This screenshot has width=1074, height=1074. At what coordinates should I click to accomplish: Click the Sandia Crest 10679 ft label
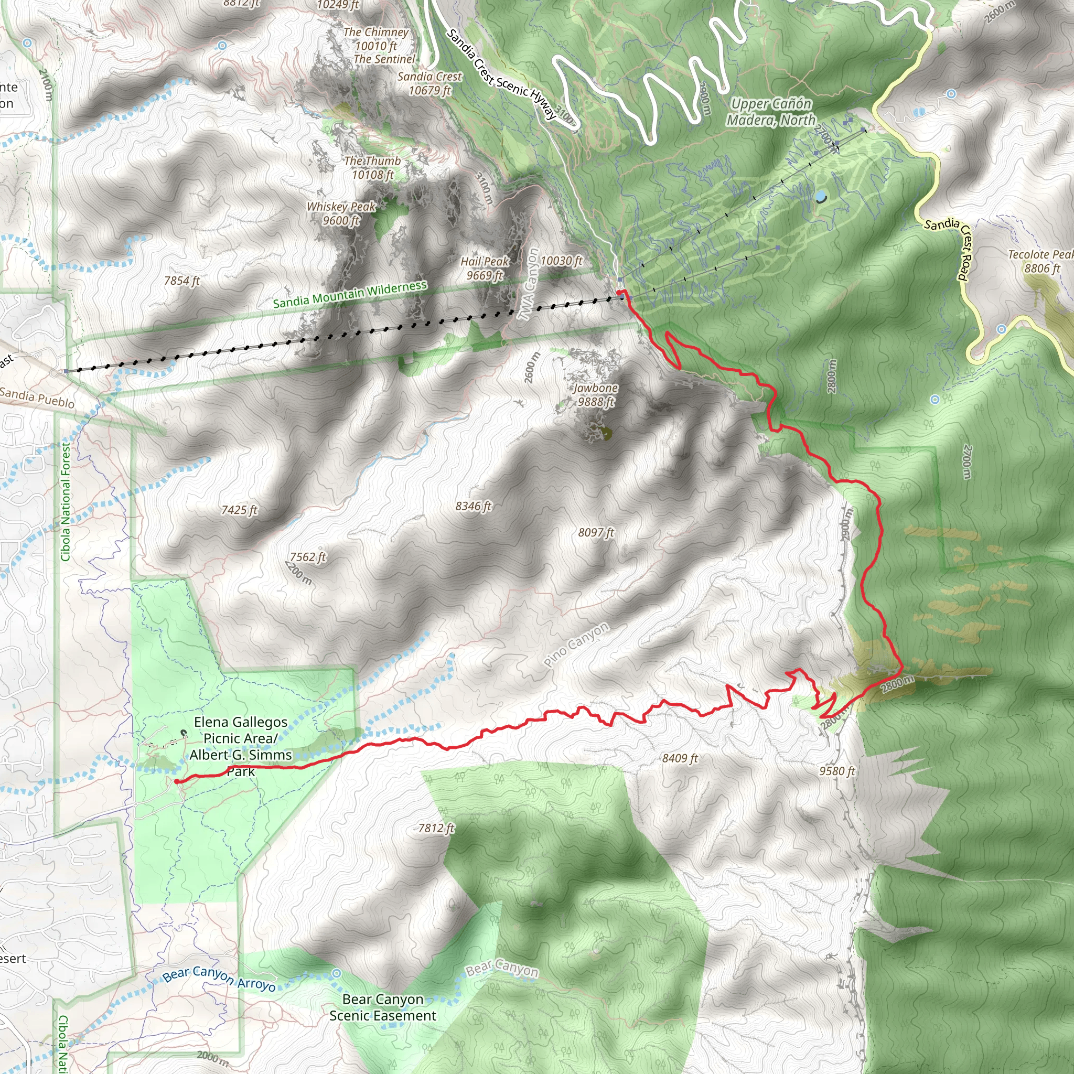click(429, 83)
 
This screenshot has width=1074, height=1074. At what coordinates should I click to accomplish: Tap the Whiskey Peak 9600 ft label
click(341, 213)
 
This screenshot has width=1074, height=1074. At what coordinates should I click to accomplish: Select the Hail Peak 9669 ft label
click(484, 268)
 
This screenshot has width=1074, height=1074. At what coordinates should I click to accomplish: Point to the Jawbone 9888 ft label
click(596, 395)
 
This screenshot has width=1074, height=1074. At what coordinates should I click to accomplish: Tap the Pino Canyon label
click(576, 645)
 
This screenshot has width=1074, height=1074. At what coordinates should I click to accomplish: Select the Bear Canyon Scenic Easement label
click(382, 1007)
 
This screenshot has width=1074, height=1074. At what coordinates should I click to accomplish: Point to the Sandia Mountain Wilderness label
click(350, 295)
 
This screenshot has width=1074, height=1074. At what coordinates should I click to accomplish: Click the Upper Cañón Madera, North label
click(771, 112)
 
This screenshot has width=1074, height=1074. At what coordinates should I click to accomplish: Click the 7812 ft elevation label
click(436, 828)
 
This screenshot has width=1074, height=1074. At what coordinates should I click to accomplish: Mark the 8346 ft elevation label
click(474, 506)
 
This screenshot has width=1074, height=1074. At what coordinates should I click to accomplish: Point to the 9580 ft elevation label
click(836, 770)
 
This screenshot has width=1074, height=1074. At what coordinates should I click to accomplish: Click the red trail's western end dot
click(177, 781)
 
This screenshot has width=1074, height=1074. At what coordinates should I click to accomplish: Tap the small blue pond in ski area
click(821, 196)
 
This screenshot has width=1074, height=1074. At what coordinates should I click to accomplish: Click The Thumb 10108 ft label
click(372, 167)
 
